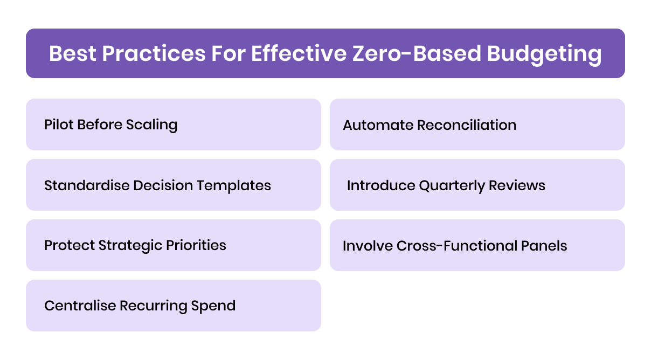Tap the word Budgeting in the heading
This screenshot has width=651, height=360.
point(544,54)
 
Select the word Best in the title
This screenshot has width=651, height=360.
point(72,54)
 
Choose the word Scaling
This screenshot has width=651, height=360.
point(151,124)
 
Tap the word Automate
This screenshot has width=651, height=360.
point(378,125)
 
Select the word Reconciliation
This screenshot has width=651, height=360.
point(467,125)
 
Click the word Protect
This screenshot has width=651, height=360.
point(69,245)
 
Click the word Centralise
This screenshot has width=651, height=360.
point(80,306)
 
